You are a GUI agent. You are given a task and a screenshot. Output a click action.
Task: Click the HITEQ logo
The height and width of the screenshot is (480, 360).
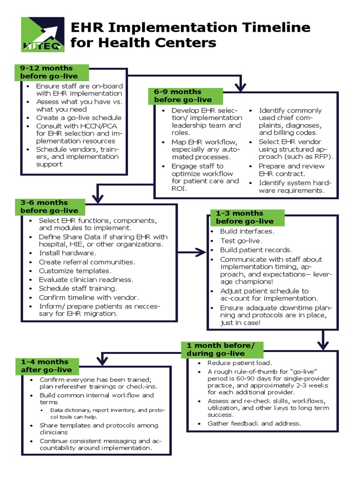(43, 34)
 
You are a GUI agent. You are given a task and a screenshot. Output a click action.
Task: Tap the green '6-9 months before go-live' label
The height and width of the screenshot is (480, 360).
(182, 96)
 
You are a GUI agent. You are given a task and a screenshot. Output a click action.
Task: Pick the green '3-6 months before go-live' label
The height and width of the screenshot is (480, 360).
(49, 207)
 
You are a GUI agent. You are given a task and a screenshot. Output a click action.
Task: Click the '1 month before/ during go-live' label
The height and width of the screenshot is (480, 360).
(222, 349)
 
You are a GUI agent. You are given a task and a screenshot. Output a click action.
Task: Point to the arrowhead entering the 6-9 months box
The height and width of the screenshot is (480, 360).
(240, 86)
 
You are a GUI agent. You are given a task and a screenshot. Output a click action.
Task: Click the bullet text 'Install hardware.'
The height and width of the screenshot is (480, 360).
(67, 253)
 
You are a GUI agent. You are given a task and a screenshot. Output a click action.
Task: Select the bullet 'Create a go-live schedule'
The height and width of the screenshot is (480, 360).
(79, 118)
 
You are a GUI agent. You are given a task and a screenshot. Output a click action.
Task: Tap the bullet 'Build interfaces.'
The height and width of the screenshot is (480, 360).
(247, 232)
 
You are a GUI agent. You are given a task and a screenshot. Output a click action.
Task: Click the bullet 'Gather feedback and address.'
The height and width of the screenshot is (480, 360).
(254, 424)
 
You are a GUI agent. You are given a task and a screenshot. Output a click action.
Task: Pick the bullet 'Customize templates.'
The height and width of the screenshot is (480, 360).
(75, 271)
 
